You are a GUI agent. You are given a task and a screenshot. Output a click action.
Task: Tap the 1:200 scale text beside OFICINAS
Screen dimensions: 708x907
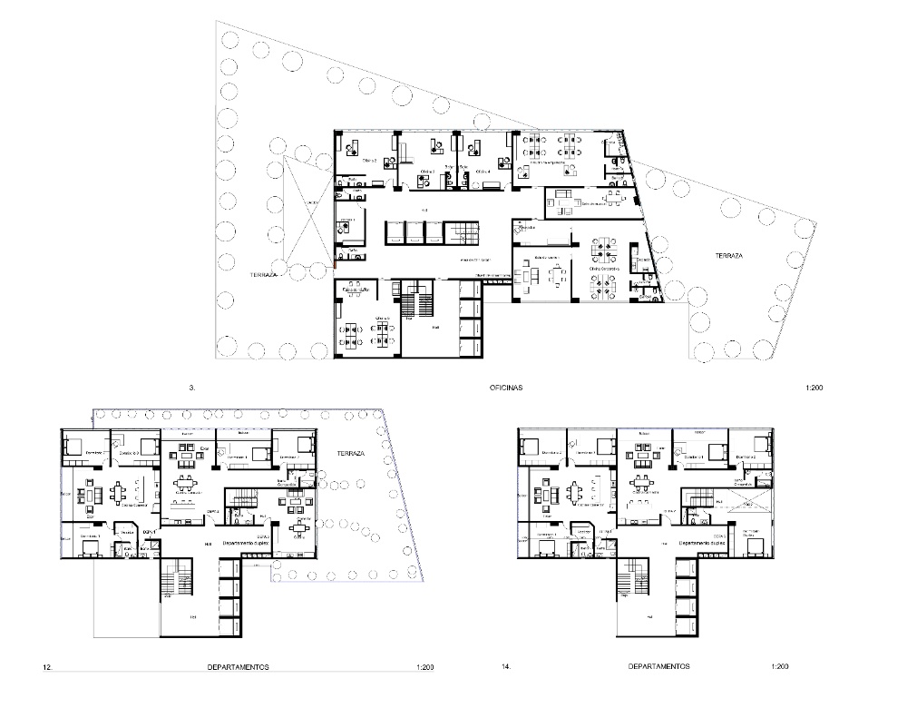point(813,388)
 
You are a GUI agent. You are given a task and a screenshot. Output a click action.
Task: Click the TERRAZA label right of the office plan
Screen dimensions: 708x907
point(728,257)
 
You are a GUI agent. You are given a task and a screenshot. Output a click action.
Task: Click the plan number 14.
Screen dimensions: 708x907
point(506,666)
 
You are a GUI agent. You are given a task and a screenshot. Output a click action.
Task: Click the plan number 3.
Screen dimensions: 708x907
point(191,388)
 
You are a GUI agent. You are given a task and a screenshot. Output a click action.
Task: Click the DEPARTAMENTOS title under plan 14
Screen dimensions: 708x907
point(658,666)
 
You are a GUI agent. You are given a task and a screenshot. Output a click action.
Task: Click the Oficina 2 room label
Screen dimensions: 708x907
point(369,160)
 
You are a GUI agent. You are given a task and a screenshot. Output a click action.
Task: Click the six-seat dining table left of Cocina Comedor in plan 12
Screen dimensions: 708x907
point(119,491)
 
